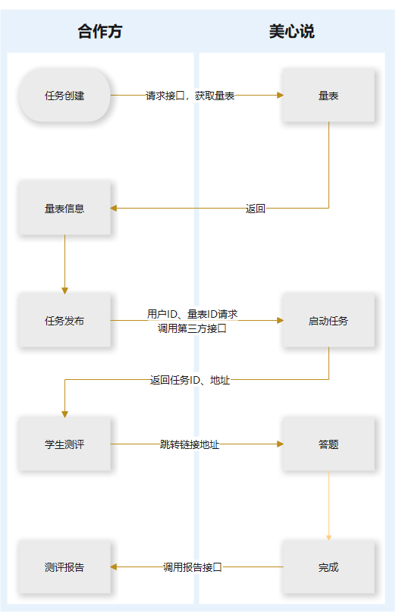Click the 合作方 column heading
click(x=99, y=31)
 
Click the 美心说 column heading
click(x=291, y=31)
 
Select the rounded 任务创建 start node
click(x=64, y=96)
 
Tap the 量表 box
click(x=328, y=96)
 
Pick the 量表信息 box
click(x=64, y=209)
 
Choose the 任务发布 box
click(x=64, y=321)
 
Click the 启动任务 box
click(x=328, y=321)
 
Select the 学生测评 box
click(x=64, y=444)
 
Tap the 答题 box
click(x=328, y=444)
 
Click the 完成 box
click(x=328, y=567)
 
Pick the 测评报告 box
click(x=64, y=567)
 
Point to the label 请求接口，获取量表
click(x=190, y=96)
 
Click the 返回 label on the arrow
click(x=256, y=209)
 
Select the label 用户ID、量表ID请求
click(x=193, y=314)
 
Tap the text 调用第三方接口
click(x=193, y=328)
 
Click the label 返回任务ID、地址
click(x=190, y=380)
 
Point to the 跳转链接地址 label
click(x=190, y=444)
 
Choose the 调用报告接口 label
click(x=193, y=566)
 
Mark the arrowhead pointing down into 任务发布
click(x=64, y=290)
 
